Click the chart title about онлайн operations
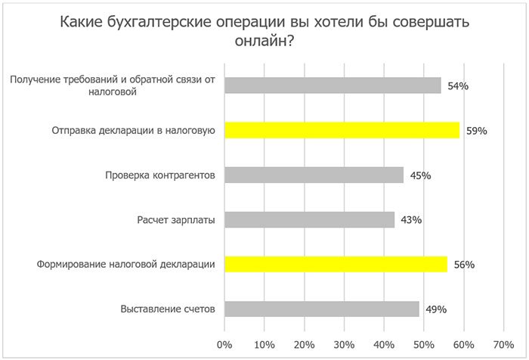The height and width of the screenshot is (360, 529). pyautogui.click(x=264, y=32)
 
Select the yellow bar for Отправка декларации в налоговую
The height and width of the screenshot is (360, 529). pyautogui.click(x=342, y=130)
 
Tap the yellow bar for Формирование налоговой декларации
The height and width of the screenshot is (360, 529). pyautogui.click(x=336, y=264)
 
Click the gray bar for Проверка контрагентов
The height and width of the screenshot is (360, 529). pyautogui.click(x=314, y=175)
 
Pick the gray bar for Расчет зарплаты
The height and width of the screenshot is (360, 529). pyautogui.click(x=310, y=219)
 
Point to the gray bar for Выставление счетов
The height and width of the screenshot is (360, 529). pyautogui.click(x=322, y=309)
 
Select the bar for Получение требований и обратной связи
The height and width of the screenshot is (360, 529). pyautogui.click(x=333, y=85)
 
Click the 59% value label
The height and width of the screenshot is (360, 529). pyautogui.click(x=477, y=131)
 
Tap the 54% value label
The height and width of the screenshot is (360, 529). pyautogui.click(x=458, y=86)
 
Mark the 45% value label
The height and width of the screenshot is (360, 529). pyautogui.click(x=420, y=175)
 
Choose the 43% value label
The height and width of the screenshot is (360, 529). pyautogui.click(x=411, y=220)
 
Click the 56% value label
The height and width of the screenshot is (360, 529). pyautogui.click(x=463, y=265)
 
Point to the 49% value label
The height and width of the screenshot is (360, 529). pyautogui.click(x=436, y=309)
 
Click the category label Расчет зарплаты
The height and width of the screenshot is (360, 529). pyautogui.click(x=176, y=220)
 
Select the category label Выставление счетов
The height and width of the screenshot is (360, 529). pyautogui.click(x=169, y=309)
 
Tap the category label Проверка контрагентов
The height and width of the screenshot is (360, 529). pyautogui.click(x=159, y=175)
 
